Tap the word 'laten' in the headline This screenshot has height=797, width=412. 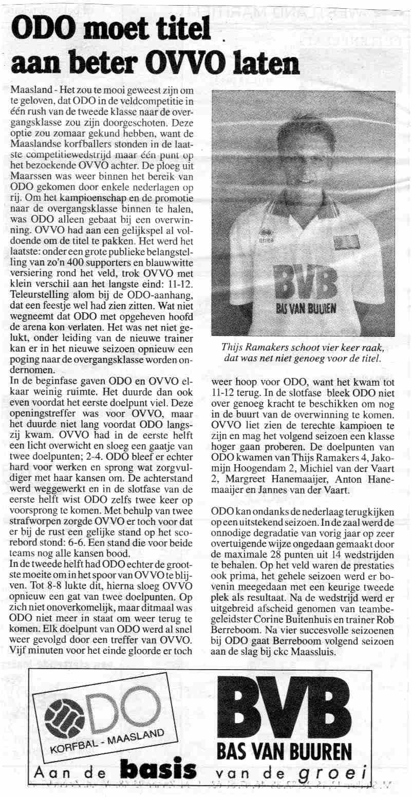point(265,64)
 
